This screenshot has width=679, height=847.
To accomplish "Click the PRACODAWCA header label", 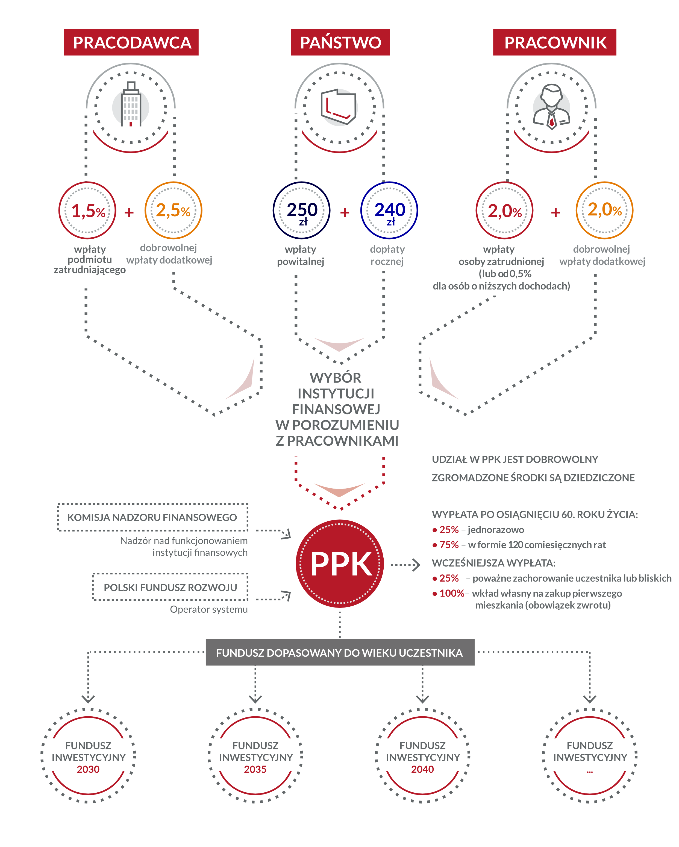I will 131,42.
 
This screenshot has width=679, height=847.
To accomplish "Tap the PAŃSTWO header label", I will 340,42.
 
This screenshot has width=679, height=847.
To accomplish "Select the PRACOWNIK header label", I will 554,42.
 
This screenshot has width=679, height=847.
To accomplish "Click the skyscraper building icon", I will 131,105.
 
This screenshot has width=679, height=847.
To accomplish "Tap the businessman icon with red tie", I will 551,107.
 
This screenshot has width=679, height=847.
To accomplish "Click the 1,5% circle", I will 88,211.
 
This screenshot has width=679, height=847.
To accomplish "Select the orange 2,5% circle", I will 173,211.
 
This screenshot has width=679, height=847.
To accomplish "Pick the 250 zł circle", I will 302,211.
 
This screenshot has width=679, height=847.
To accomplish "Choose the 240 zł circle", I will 389,211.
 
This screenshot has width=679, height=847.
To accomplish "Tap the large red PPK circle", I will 340,564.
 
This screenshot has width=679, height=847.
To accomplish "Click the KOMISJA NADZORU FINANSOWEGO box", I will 153,517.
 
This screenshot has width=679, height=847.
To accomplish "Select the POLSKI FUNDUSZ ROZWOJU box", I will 171,587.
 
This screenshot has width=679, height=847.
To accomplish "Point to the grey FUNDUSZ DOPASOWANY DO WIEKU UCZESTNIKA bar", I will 340,653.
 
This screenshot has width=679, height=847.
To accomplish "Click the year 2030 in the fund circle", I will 88,769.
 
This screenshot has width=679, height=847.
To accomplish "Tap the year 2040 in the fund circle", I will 422,769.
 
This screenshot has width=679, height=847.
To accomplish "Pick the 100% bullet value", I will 452,593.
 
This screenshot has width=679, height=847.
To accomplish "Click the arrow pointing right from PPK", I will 406,565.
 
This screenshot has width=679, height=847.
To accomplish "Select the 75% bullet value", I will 449,545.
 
